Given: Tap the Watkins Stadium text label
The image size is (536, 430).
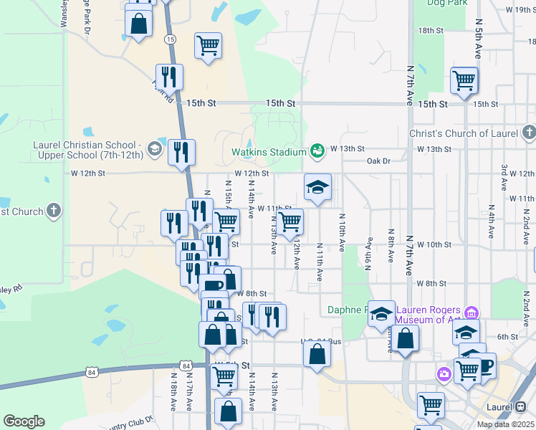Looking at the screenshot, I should (269, 152).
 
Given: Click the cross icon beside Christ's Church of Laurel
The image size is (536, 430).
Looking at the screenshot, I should (528, 133).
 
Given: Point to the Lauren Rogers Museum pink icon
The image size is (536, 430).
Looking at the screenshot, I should (472, 312).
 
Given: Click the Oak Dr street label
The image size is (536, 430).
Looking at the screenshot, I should (378, 161).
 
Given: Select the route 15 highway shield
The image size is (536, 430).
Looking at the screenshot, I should (170, 39).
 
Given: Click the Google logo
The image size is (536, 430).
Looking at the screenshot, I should (24, 421).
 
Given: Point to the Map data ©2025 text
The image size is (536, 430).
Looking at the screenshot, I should (506, 424).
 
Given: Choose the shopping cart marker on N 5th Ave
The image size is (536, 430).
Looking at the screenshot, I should (464, 81).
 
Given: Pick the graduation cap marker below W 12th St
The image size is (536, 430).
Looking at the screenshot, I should (317, 188).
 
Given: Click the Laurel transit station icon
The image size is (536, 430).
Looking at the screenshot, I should (521, 406).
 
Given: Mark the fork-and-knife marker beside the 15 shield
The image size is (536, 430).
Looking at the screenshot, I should (169, 77).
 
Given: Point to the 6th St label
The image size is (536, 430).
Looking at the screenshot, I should (507, 337).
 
